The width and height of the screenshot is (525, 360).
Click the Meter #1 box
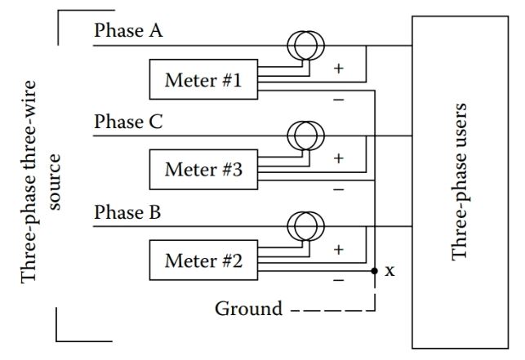coord(202,80)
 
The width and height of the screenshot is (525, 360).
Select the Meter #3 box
coord(202,171)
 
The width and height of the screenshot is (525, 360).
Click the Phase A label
coord(129,31)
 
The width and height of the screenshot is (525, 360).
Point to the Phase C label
coord(129,122)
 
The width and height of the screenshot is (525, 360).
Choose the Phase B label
coord(129,214)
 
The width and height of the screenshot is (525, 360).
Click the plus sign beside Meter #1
coord(339,69)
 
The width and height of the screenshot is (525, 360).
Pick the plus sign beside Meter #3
coord(339,158)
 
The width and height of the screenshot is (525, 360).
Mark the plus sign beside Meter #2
coord(339,249)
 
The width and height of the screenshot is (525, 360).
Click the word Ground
coord(248,309)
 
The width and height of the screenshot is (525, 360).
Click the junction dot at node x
coord(374,271)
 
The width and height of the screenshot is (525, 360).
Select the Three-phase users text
coord(461,181)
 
